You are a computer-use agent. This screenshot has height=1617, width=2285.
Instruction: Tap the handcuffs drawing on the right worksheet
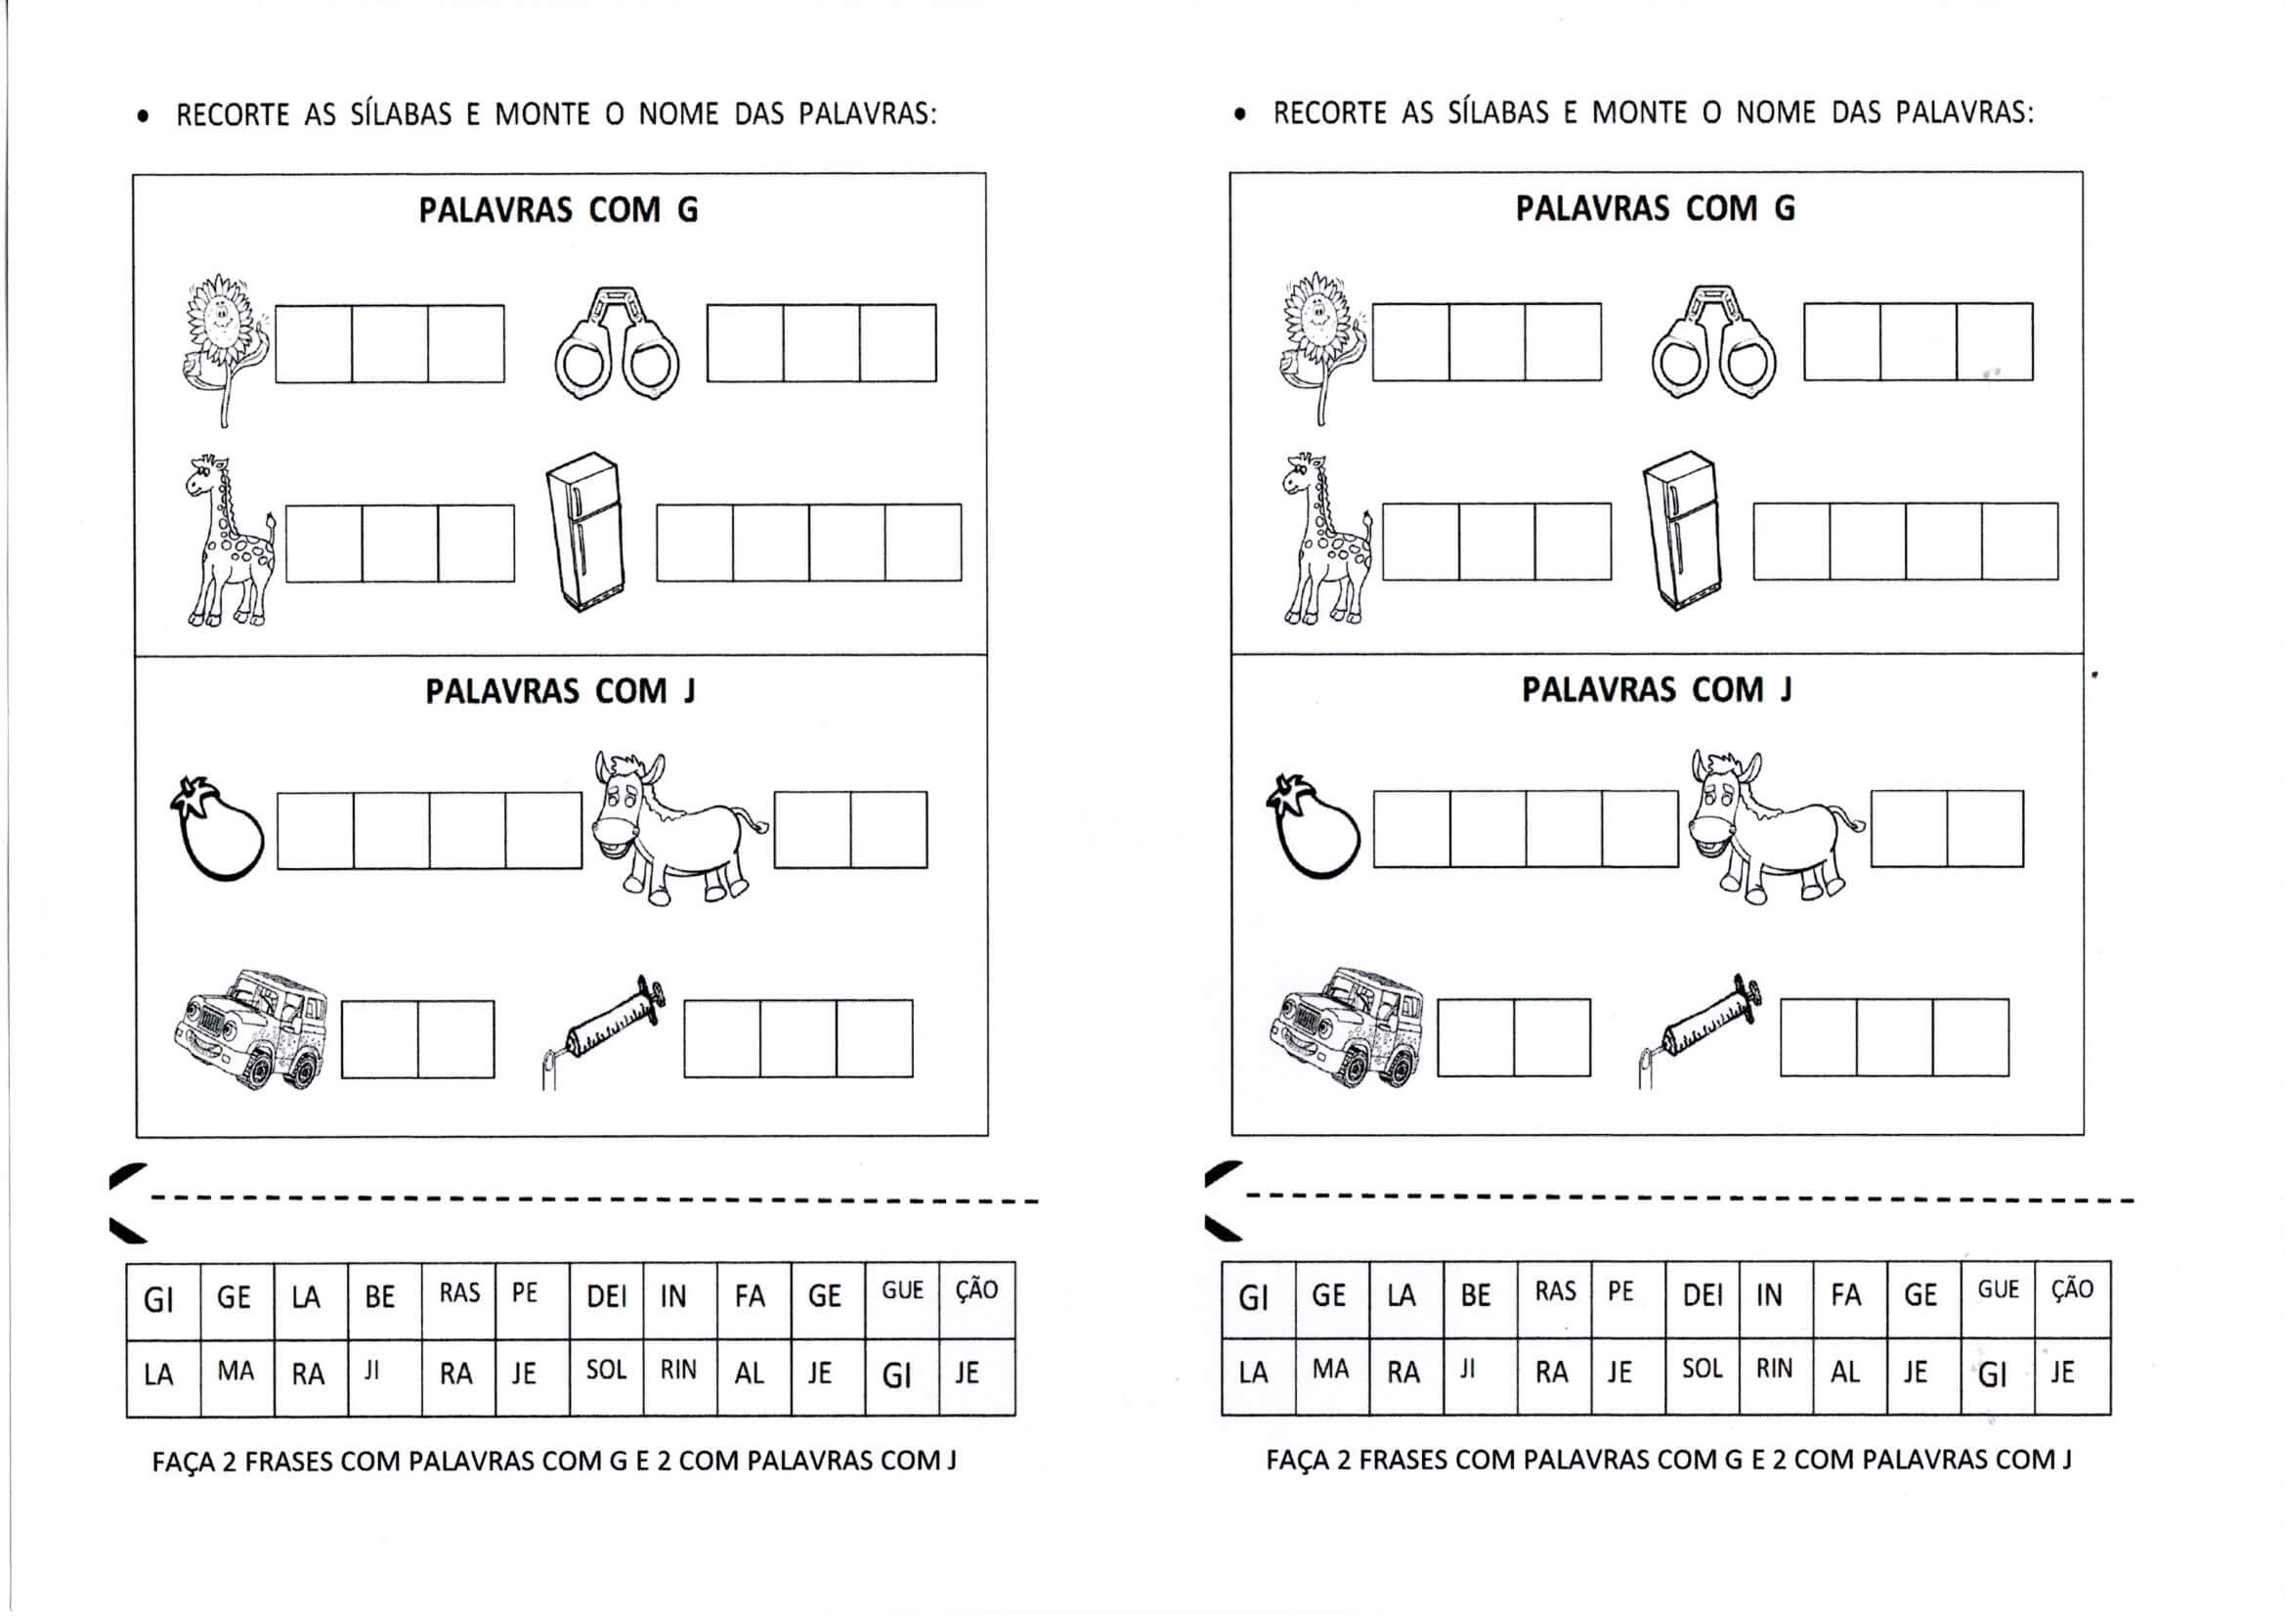[x=1714, y=342]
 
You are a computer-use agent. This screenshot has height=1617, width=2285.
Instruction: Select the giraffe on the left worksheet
[x=229, y=543]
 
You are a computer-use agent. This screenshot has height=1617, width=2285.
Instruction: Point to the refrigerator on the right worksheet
[x=1682, y=530]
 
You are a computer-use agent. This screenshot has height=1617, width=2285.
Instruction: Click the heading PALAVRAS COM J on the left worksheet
[x=560, y=692]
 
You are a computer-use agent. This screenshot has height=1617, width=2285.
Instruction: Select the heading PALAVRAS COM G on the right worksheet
[x=1655, y=209]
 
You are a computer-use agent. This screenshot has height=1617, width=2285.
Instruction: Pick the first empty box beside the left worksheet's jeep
[x=379, y=1039]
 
